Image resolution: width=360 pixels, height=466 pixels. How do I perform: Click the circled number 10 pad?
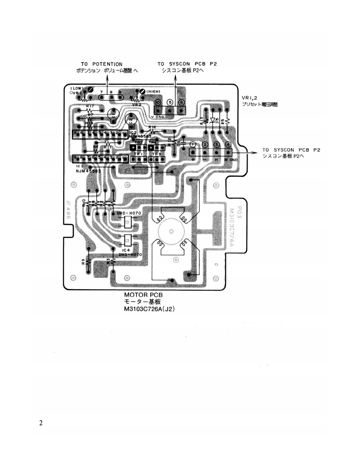click(158, 102)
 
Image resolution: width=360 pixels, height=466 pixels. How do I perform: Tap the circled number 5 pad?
click(169, 102)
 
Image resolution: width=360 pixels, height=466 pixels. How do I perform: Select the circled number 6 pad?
click(181, 102)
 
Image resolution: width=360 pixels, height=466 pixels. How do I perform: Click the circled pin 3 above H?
click(216, 145)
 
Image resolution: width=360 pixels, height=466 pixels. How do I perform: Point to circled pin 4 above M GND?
click(228, 145)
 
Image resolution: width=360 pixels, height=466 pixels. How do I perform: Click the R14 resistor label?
click(152, 127)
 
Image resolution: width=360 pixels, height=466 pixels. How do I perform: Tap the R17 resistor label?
click(90, 106)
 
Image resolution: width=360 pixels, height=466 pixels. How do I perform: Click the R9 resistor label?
click(83, 262)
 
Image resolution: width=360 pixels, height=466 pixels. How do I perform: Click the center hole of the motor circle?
click(171, 231)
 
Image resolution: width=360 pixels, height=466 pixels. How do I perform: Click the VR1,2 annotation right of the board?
click(250, 98)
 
